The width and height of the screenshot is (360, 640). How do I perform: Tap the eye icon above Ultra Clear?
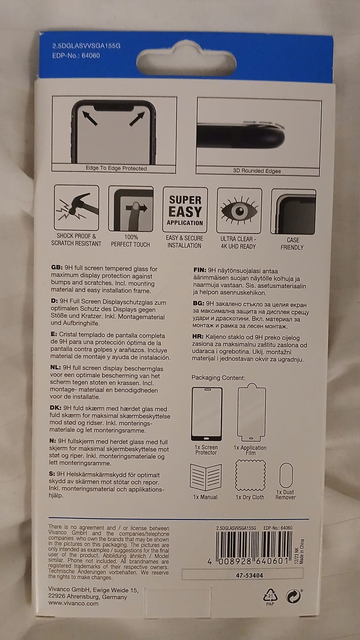click(x=239, y=210)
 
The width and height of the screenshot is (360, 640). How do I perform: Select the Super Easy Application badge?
click(x=185, y=209)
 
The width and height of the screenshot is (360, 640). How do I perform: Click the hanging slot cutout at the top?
click(x=186, y=59)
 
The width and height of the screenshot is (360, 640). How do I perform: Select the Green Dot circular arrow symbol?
click(x=293, y=596)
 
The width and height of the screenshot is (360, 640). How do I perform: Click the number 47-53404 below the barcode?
click(x=249, y=575)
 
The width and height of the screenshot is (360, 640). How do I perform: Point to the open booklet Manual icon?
click(x=206, y=477)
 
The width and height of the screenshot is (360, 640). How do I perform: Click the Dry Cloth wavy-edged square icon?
click(x=250, y=475)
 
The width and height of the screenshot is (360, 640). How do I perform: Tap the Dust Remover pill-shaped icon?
click(x=286, y=475)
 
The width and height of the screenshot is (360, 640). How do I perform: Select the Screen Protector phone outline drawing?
click(x=207, y=414)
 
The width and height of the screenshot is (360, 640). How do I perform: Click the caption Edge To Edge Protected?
click(x=116, y=168)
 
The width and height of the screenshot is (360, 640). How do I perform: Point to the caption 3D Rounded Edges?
click(x=257, y=171)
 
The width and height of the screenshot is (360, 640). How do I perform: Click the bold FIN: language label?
click(x=200, y=270)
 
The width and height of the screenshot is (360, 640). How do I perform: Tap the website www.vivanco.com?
click(x=73, y=604)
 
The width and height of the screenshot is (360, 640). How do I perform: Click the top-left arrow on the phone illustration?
click(x=90, y=118)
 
